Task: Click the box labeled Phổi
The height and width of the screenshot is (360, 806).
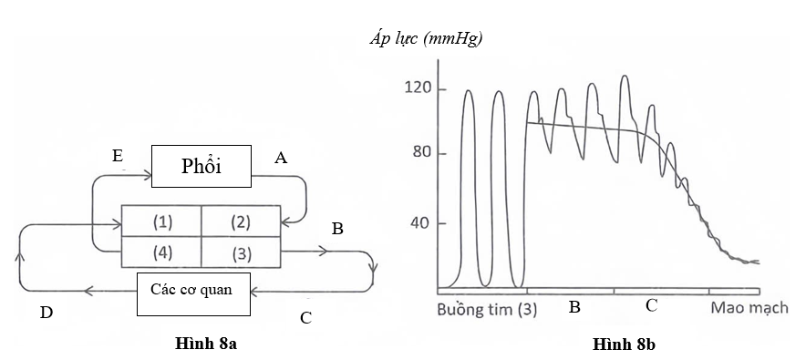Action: [x=201, y=168]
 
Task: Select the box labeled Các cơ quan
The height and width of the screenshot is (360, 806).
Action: [x=191, y=292]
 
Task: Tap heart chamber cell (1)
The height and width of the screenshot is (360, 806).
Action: [x=161, y=221]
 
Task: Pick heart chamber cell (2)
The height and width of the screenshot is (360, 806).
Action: [x=240, y=221]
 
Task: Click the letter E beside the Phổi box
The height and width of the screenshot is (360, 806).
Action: [x=118, y=157]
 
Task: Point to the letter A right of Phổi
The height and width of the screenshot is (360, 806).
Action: [x=281, y=159]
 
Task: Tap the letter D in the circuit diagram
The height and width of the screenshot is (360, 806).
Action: [x=46, y=314]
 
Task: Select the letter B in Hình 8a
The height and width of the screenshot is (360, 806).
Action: [x=336, y=229]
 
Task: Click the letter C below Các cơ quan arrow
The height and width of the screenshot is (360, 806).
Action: [x=306, y=317]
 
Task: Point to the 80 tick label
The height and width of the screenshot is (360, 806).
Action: [x=422, y=153]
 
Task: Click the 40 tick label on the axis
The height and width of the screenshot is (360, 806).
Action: [x=422, y=223]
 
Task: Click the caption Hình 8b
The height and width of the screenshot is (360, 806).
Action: [x=625, y=345]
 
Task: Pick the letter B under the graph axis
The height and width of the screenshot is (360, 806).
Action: [x=574, y=306]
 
